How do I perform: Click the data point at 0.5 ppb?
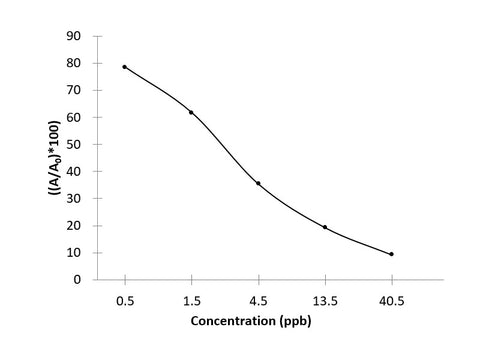(x=125, y=67)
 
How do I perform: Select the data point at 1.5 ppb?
(x=191, y=112)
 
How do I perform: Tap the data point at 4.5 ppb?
(x=258, y=183)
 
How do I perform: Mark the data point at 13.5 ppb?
(x=325, y=227)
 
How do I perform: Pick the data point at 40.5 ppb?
(x=391, y=254)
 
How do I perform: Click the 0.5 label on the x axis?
(x=125, y=299)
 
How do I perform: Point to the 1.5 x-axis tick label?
(x=192, y=299)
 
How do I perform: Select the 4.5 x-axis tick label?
(x=258, y=299)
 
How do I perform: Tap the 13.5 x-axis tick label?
(x=325, y=299)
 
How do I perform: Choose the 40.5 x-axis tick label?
(x=391, y=299)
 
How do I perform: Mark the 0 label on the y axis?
(x=78, y=279)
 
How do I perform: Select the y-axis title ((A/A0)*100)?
(x=50, y=157)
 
